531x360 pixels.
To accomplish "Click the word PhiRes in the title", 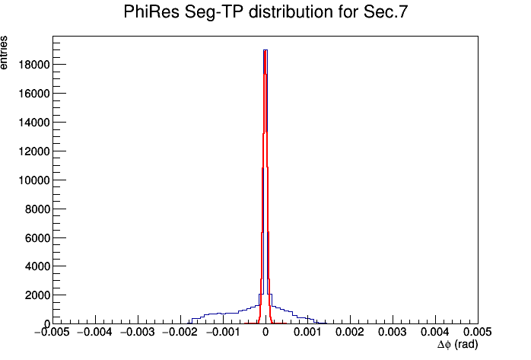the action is (151, 12).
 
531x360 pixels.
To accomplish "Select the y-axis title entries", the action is (4, 53).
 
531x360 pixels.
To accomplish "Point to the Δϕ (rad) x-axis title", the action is (457, 345).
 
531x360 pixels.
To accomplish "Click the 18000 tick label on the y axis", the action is (34, 65).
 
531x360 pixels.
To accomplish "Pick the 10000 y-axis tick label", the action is (34, 180).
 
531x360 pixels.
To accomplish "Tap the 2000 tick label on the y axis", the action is (37, 295).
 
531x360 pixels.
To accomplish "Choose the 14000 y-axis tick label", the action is (34, 123).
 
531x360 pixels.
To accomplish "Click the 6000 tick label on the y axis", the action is (37, 238).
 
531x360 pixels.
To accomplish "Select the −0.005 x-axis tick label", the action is (52, 332).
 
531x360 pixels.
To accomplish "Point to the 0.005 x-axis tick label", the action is (478, 332).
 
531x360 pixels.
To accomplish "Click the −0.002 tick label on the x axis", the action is (180, 332).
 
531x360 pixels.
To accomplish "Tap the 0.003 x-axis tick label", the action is (393, 332).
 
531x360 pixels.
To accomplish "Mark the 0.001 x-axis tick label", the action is (307, 332).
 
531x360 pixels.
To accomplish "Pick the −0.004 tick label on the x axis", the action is (95, 332).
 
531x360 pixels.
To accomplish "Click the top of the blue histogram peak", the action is (265, 50).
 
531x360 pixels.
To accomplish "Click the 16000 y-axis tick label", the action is (34, 94).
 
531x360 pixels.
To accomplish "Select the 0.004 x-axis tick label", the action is (435, 332).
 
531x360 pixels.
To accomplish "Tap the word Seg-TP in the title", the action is (213, 12).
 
